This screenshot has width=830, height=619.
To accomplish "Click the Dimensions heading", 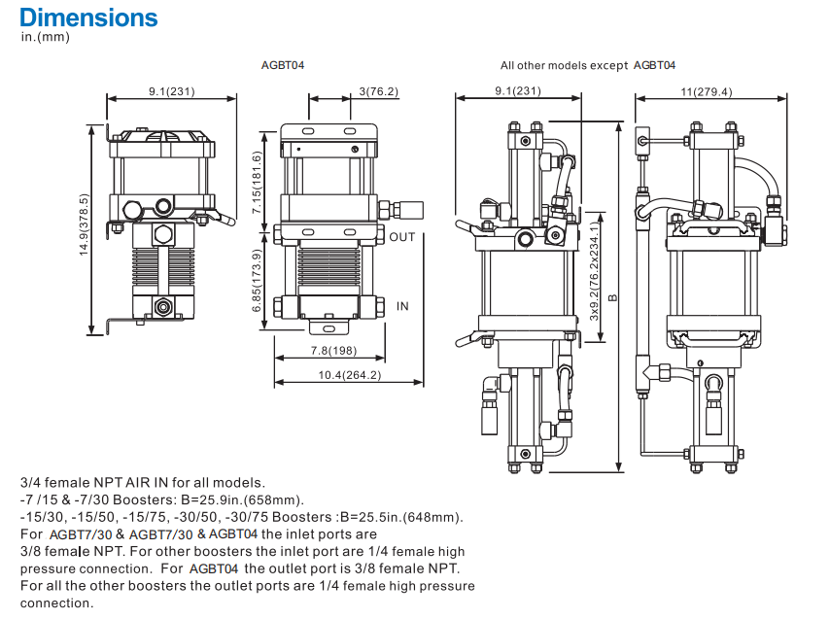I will [x=88, y=17].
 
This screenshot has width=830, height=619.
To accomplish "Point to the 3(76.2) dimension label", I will [x=379, y=91].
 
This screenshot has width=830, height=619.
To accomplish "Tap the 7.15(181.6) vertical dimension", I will [x=257, y=183].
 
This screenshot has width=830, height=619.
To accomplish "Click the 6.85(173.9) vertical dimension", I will [x=257, y=280].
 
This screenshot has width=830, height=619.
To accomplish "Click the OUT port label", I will [x=402, y=236].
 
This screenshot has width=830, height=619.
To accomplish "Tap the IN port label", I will [x=402, y=306].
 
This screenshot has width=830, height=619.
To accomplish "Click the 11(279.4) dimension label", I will [x=707, y=91].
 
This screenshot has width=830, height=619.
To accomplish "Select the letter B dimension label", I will [x=612, y=298].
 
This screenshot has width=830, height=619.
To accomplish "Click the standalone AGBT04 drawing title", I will [x=284, y=65].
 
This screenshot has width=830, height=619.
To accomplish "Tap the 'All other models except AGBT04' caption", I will [x=587, y=65].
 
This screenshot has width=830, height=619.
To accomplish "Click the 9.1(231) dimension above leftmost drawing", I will [x=171, y=91].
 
